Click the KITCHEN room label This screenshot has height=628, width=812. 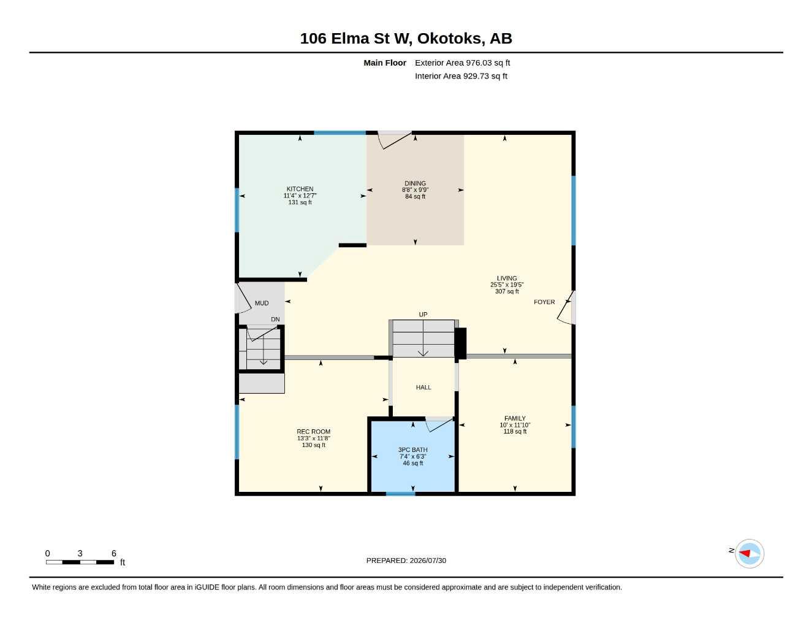pos(300,189)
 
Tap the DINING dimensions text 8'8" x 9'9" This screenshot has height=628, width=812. pos(415,190)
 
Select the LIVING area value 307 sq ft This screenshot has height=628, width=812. pos(507,291)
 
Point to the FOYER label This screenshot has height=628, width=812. pos(544,302)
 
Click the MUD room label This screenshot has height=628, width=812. pos(262,303)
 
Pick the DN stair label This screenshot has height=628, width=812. pos(275,320)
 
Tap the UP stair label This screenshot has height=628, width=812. pos(423,315)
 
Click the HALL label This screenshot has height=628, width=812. pos(423,387)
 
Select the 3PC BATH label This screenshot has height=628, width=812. pos(412,450)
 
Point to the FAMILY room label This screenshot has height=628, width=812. pos(515,418)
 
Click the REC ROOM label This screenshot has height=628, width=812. pos(314,431)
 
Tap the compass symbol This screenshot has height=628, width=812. pos(749,554)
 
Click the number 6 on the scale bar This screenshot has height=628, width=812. pos(113,553)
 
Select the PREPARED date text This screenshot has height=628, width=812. pos(406,561)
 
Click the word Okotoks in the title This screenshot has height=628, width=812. pos(449,39)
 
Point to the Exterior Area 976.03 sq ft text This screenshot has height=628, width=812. pos(462,63)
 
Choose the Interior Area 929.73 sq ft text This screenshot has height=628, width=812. pos(461,76)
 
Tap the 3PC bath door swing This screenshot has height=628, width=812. pos(439,424)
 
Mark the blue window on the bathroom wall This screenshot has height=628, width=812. pos(400,494)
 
